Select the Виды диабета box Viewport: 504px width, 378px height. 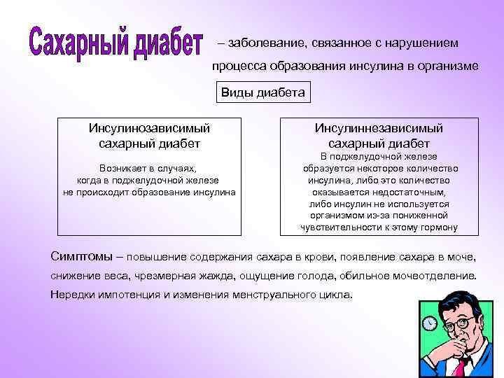[263, 92]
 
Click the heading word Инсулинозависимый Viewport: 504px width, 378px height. [149, 128]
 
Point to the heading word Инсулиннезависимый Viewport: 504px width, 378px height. [379, 128]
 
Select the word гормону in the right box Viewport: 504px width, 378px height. [437, 227]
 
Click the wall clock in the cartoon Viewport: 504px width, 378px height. [430, 323]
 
